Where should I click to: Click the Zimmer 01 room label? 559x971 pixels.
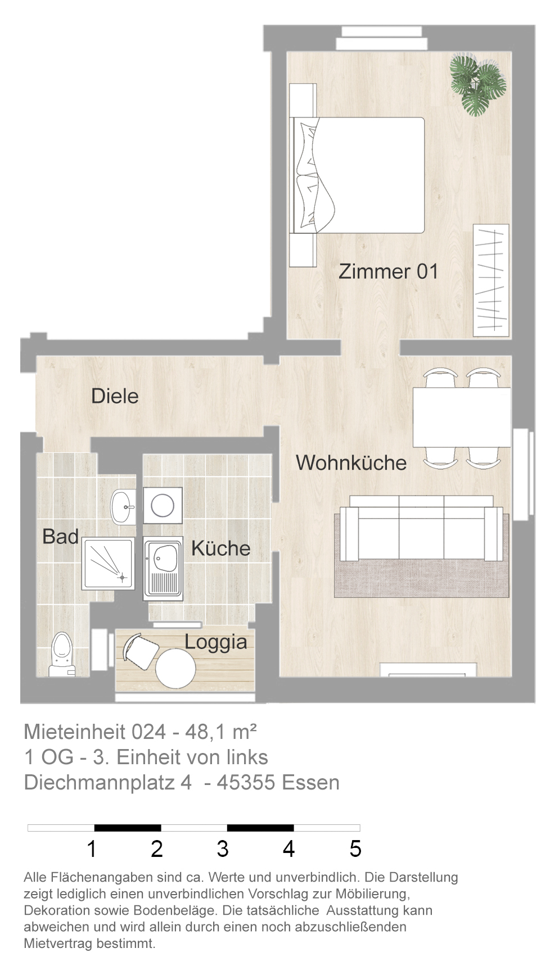tap(388, 271)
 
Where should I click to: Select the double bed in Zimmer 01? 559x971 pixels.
tap(357, 175)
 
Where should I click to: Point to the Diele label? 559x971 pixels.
tap(115, 396)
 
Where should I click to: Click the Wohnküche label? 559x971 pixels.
tap(351, 462)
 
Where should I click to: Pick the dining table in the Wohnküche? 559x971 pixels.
tap(462, 417)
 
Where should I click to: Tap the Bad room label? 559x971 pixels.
tap(60, 537)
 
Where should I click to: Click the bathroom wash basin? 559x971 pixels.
tap(123, 506)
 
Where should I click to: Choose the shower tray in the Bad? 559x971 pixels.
tap(109, 563)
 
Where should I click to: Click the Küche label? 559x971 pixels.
tap(220, 548)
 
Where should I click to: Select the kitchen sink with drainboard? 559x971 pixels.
tap(163, 568)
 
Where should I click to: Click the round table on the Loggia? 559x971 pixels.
tap(175, 669)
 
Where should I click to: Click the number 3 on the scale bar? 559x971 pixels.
tap(223, 849)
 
